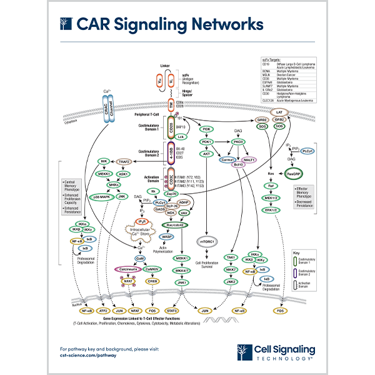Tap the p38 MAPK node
click(99, 197)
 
